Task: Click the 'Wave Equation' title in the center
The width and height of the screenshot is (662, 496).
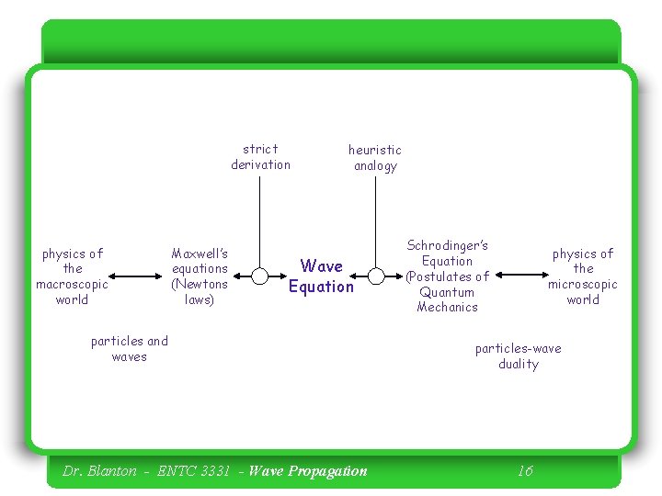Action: [321, 276]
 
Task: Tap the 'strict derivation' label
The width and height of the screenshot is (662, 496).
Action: [260, 157]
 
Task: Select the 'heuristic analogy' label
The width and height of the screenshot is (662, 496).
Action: [375, 158]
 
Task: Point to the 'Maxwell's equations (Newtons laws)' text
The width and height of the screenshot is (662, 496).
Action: [200, 276]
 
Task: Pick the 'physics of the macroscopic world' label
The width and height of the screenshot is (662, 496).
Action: [72, 276]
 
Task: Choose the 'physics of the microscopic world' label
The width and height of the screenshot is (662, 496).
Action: [583, 276]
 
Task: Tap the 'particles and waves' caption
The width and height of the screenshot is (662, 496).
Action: [130, 349]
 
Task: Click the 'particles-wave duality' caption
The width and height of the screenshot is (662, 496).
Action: [518, 356]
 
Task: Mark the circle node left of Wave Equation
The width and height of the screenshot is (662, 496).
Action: [260, 276]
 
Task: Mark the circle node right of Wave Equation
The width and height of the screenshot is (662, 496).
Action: [376, 276]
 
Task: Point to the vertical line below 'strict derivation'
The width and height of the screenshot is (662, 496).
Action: [260, 220]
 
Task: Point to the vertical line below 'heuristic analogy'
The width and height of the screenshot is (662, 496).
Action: [376, 220]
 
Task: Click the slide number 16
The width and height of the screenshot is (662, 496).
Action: [524, 471]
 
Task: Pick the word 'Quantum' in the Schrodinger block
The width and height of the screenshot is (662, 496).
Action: [447, 292]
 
